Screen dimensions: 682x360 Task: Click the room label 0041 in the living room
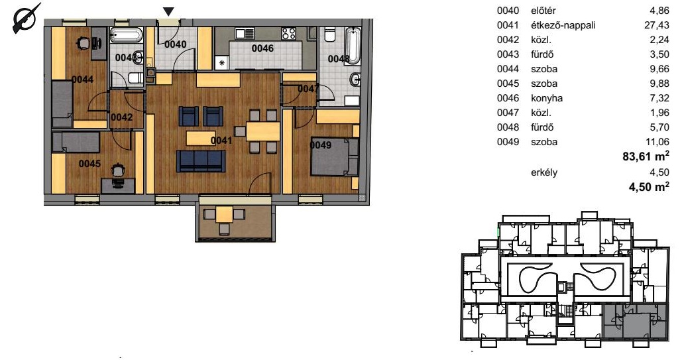coord(221,141)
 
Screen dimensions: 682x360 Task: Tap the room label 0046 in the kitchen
coord(262,48)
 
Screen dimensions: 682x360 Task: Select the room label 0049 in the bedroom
coord(321,145)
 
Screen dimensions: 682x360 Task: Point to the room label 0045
coord(89,164)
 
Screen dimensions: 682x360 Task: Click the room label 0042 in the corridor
coord(122,117)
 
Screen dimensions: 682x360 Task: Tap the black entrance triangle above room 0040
coord(168,12)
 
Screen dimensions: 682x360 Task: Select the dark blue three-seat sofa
coord(201,160)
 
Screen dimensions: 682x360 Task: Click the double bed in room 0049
coord(334,156)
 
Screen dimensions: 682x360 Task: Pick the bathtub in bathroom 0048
coord(353,46)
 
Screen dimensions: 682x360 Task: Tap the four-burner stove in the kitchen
coord(289,34)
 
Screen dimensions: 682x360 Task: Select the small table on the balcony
coord(225,214)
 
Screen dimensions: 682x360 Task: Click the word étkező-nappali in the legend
coord(563,26)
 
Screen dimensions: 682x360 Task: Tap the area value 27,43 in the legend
coord(656,25)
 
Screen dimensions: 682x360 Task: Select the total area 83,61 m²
coord(646,156)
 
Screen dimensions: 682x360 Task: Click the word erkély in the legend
coord(544,172)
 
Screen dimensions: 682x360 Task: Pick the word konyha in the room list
coord(547,98)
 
